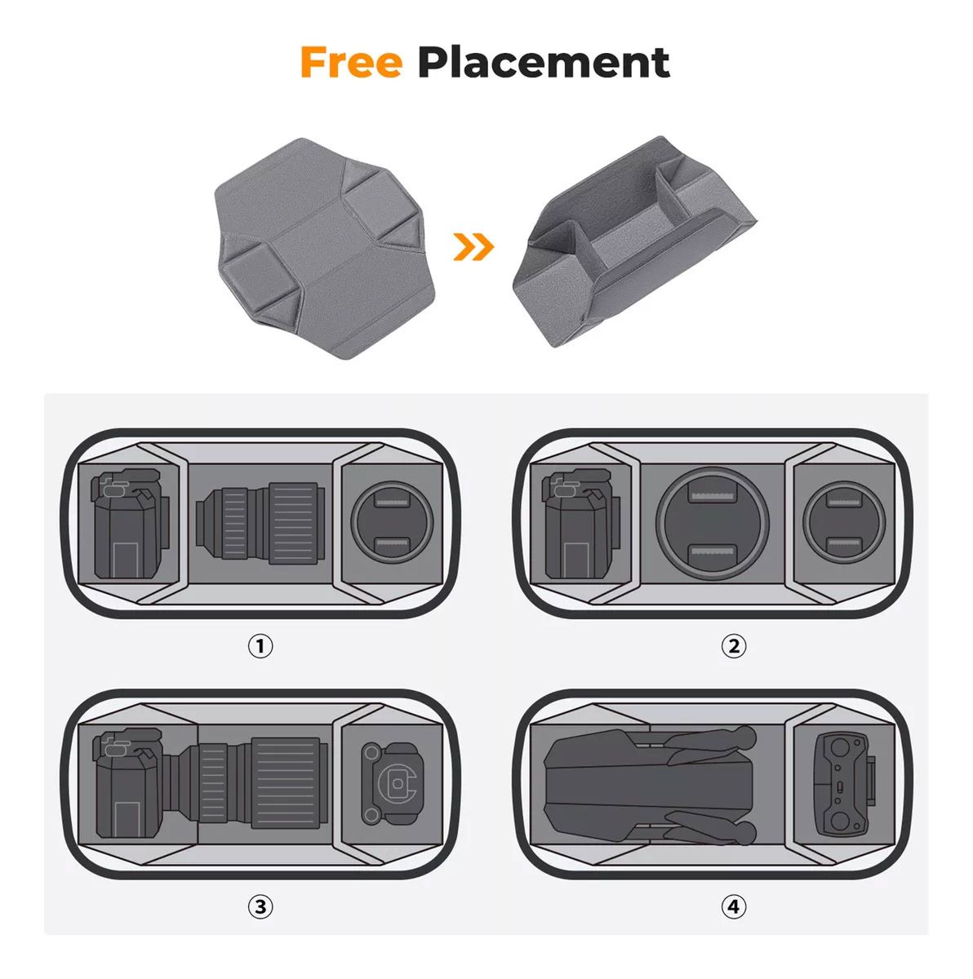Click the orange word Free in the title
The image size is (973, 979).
(351, 62)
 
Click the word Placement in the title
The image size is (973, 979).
(543, 63)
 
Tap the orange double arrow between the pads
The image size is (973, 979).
(473, 247)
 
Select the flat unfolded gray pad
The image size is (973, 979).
(326, 248)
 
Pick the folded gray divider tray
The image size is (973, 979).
(634, 241)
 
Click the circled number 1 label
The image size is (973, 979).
(260, 646)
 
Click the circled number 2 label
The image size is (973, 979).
(734, 646)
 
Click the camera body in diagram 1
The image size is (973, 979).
(130, 523)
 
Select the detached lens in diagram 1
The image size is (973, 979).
(260, 523)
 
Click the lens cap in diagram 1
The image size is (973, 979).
(392, 522)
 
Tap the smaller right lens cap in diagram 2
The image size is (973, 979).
(844, 522)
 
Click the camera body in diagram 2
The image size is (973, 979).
(581, 523)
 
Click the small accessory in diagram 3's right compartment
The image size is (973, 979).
(392, 783)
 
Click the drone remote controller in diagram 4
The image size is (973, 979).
(845, 784)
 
